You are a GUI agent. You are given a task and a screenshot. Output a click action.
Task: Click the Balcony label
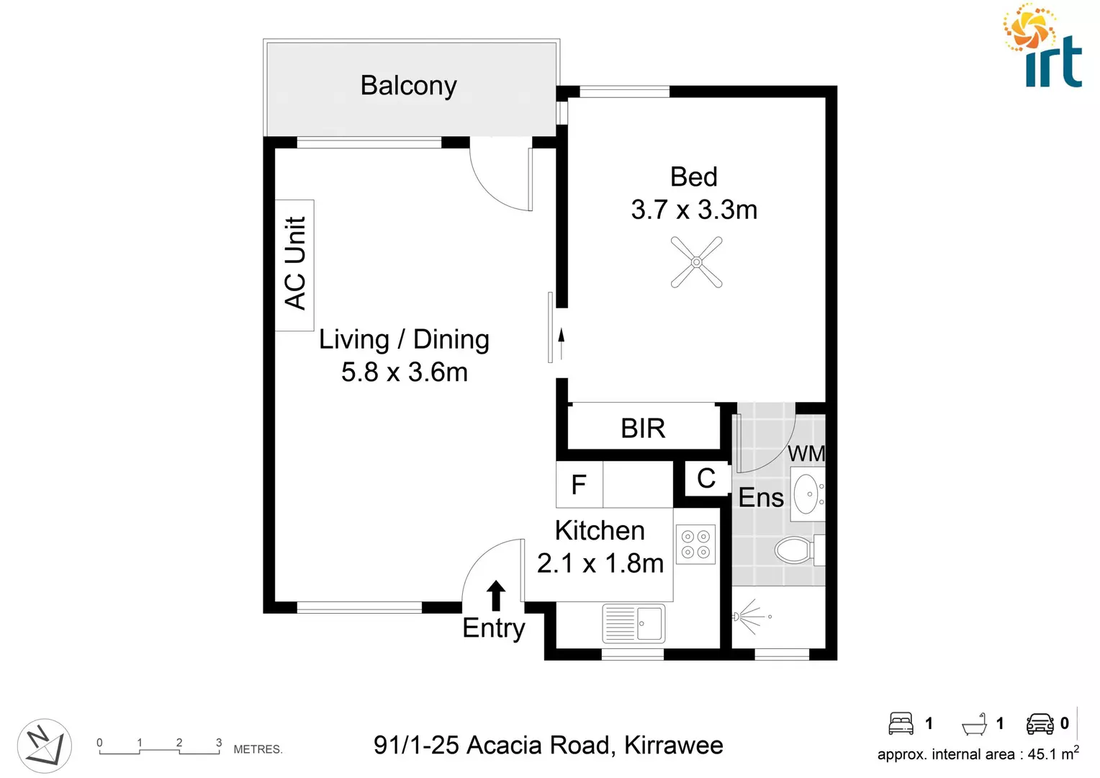(408, 86)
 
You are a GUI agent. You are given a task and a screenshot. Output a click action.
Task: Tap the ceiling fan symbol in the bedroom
(696, 263)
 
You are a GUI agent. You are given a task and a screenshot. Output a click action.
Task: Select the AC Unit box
(295, 264)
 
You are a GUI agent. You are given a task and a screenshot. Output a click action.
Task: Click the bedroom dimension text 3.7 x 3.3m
(694, 210)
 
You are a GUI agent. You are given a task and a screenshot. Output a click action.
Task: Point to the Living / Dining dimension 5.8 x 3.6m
(404, 372)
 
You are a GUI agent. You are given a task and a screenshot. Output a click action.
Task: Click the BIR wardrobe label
(643, 429)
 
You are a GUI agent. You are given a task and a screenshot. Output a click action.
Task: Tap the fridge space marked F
(579, 485)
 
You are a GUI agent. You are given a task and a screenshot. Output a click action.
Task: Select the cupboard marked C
(706, 478)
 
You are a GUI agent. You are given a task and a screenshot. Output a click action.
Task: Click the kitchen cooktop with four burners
(695, 545)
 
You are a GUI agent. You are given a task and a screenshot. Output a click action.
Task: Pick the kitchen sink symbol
(634, 623)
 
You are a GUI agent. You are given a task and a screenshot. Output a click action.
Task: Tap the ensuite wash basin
(807, 494)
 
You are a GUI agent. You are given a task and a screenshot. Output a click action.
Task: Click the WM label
(806, 454)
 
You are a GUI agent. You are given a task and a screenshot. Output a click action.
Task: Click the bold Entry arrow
(495, 596)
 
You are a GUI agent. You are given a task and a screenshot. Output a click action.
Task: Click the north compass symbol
(44, 746)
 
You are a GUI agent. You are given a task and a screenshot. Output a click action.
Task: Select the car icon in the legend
(1040, 723)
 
